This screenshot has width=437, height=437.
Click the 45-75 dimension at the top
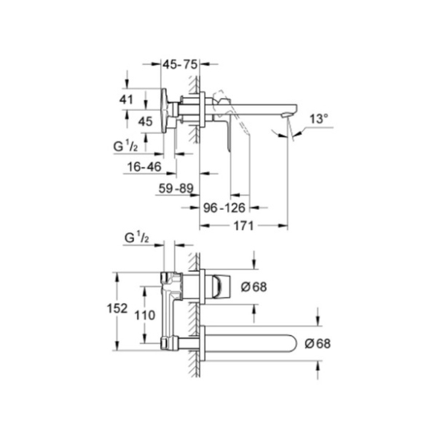click(x=180, y=65)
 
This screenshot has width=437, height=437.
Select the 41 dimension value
click(x=127, y=100)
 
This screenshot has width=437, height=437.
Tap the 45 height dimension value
click(x=145, y=121)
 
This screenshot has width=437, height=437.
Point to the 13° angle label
click(x=319, y=119)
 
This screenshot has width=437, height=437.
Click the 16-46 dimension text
click(x=144, y=167)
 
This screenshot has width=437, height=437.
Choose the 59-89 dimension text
click(x=176, y=188)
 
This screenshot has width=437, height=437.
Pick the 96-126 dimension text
click(x=224, y=208)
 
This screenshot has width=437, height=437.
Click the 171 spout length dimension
click(x=243, y=226)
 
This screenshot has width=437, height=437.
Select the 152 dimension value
click(x=117, y=308)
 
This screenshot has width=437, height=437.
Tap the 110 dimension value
click(x=144, y=315)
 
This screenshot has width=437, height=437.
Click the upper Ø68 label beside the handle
click(x=254, y=287)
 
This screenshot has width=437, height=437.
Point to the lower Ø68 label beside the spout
click(x=317, y=343)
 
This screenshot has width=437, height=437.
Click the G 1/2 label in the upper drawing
click(x=125, y=146)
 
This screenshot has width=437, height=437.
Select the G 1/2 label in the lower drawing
click(x=136, y=237)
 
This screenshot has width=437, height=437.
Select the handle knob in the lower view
click(x=222, y=287)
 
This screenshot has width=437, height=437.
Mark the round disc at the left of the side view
click(x=164, y=111)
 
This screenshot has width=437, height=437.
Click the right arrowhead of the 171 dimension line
click(x=284, y=226)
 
